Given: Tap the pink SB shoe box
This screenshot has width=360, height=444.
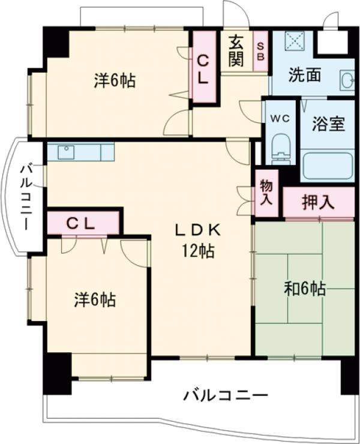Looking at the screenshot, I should (260, 50).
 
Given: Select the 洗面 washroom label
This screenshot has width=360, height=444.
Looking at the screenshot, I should (304, 76).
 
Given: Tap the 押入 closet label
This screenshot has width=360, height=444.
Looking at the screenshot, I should (317, 203).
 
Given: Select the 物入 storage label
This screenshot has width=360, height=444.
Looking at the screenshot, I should (265, 192).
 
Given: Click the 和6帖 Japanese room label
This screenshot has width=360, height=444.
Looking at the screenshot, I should (304, 289).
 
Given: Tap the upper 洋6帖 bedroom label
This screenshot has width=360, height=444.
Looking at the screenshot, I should (114, 80).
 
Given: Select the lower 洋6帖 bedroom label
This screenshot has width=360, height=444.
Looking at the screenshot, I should (95, 298).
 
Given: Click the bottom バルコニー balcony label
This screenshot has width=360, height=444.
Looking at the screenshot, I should (225, 395).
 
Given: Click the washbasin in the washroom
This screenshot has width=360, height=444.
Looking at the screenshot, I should (346, 80).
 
